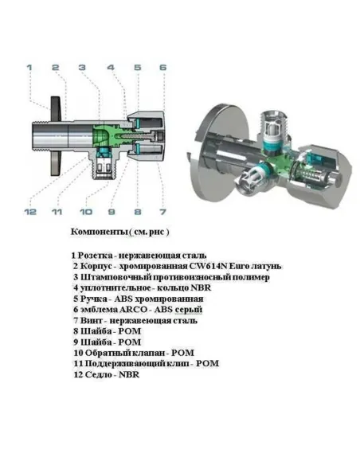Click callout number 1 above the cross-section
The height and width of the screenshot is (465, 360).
pos(29,68)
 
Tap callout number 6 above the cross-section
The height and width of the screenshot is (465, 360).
pos(162,68)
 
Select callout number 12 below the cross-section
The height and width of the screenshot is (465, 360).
pos(30,212)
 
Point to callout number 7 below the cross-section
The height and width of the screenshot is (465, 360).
pos(162,212)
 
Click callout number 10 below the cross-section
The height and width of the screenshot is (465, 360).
pos(86,212)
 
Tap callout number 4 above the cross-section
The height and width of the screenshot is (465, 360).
pos(111,68)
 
